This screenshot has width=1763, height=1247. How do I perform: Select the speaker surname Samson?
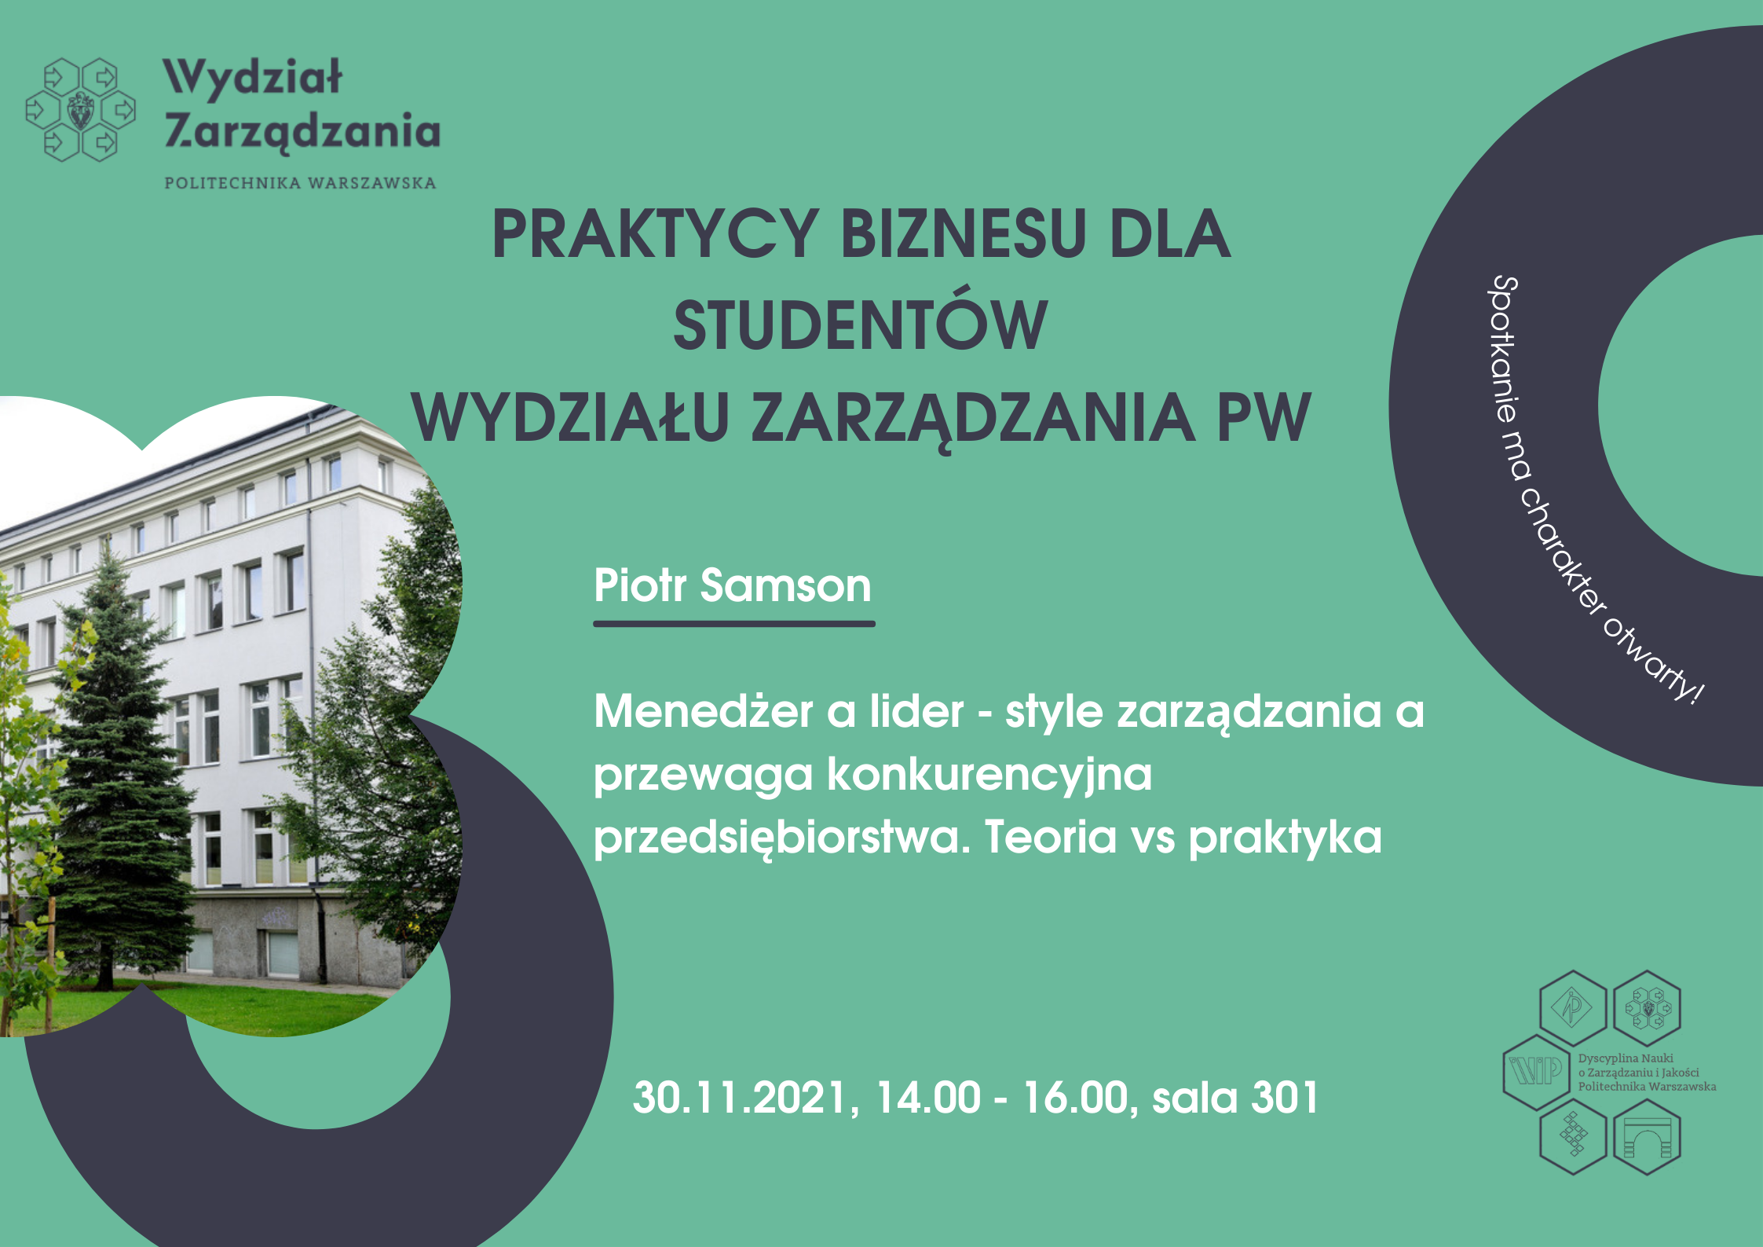click(785, 585)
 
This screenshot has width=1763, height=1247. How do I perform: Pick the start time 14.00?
click(928, 1098)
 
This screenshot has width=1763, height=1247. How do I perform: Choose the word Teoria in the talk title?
click(1051, 836)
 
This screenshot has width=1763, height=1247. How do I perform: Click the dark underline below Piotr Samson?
click(734, 624)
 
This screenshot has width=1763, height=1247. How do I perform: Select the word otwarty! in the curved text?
click(1652, 661)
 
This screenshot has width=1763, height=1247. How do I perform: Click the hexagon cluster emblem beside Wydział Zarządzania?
click(80, 109)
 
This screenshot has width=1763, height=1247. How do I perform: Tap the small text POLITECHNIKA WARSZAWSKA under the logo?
click(300, 183)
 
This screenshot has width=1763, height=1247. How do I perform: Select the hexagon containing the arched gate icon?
click(1647, 1136)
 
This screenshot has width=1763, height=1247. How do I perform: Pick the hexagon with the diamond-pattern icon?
click(1574, 1136)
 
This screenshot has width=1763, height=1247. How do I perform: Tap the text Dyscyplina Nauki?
click(1626, 1058)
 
